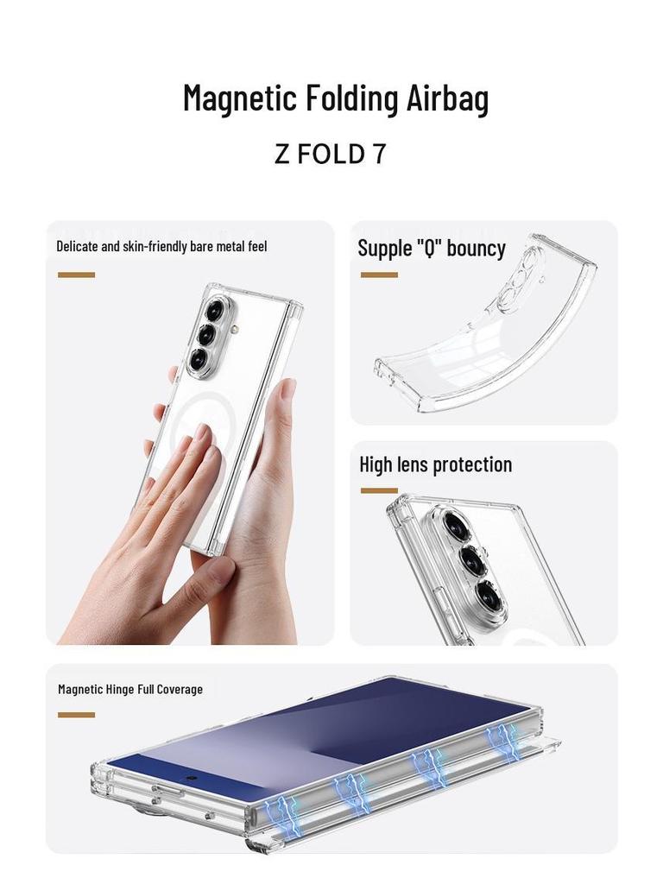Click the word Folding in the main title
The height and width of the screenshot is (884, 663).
[352, 98]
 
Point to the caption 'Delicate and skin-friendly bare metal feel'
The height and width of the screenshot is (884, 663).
[161, 246]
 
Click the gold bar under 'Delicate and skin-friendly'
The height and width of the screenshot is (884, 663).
[76, 275]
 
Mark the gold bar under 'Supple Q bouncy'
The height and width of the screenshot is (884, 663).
[379, 275]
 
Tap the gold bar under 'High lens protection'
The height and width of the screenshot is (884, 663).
[379, 490]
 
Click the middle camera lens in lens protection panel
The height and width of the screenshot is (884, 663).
[472, 560]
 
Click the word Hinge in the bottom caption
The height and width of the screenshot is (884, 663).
[120, 689]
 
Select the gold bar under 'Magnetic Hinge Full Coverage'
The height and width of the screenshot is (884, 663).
[76, 715]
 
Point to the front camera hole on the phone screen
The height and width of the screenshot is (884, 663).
[189, 777]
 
